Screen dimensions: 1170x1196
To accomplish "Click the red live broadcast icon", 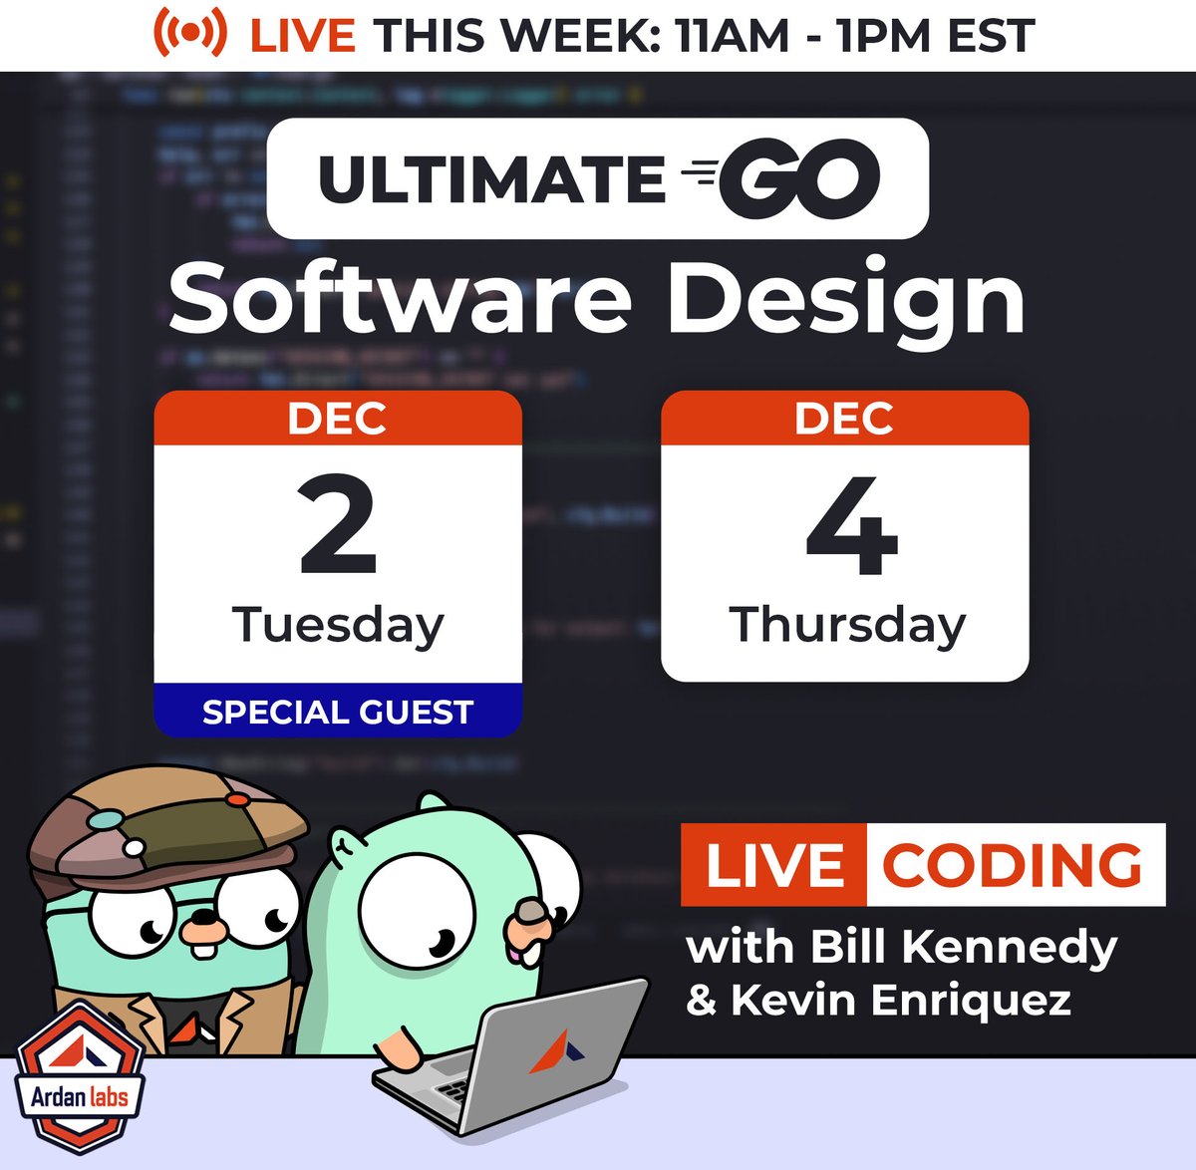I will [189, 34].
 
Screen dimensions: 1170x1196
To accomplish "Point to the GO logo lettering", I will [797, 178].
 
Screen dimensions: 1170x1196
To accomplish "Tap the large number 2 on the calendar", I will [338, 526].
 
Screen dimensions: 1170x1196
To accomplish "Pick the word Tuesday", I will [338, 626].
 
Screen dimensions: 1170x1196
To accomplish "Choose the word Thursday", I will [847, 626].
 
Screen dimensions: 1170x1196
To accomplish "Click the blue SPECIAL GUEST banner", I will [338, 712].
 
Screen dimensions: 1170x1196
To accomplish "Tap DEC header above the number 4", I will [844, 419].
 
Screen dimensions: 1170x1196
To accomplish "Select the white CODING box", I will [1014, 865].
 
